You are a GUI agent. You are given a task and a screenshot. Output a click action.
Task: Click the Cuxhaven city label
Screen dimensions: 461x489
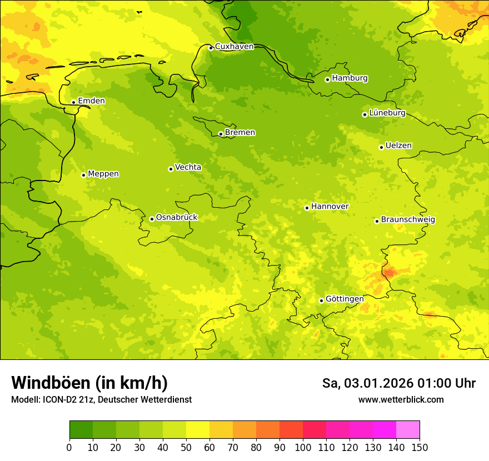click(234, 47)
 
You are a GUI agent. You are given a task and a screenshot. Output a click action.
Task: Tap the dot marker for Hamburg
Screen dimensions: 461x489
click(327, 79)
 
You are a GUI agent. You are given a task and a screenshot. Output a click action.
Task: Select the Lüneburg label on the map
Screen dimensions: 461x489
click(387, 113)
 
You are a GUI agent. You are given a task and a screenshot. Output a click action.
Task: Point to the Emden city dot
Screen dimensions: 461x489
click(73, 102)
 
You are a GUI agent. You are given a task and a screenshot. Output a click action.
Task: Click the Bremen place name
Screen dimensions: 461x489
click(240, 133)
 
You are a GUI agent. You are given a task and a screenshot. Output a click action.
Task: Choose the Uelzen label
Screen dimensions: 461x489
click(398, 146)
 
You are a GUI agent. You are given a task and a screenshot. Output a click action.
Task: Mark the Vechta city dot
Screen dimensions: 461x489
click(171, 169)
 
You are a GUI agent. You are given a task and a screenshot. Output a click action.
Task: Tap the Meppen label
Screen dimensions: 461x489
click(103, 174)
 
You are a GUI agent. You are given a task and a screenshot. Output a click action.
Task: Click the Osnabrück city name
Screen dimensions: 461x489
click(177, 218)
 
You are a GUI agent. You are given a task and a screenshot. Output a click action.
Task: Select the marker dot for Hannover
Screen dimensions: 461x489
click(307, 208)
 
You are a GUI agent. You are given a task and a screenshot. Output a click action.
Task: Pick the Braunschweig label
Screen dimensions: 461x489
click(408, 220)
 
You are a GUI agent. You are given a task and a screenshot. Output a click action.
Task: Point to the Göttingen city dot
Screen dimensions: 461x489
click(321, 300)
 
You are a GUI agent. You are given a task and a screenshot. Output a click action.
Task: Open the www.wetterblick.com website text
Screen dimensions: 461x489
click(401, 400)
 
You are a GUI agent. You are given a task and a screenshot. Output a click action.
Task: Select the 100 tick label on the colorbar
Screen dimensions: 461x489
click(303, 447)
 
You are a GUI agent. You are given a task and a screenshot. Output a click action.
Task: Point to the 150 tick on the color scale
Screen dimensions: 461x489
click(420, 447)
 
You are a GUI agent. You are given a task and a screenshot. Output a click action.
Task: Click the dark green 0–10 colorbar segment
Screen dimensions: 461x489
click(81, 430)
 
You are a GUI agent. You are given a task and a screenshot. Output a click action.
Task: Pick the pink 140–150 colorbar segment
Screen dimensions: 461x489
click(408, 430)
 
